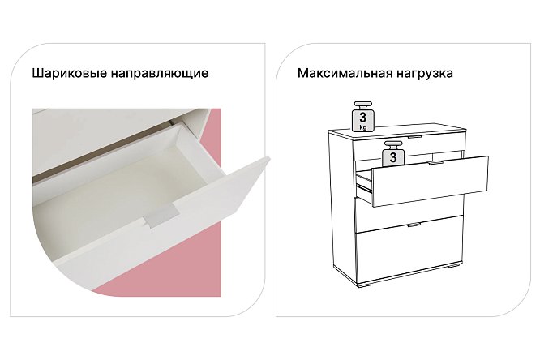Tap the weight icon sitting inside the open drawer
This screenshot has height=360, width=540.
[x=392, y=156]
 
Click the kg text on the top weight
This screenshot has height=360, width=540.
[x=363, y=126]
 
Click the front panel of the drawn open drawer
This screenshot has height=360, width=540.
[x=430, y=182]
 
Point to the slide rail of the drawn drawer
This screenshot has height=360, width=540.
[x=364, y=189]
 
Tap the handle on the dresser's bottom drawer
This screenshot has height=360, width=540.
[x=414, y=225]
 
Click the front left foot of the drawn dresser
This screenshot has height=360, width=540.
[x=362, y=286]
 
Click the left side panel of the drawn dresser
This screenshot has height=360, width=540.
[x=340, y=203]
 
